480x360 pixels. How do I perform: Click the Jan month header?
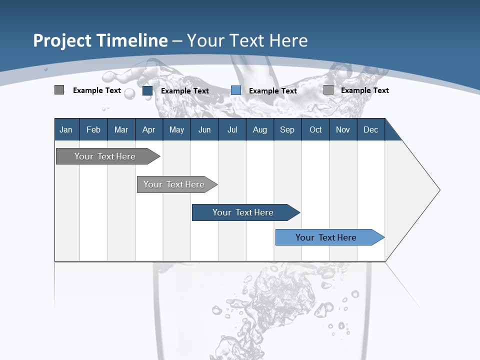pyautogui.click(x=66, y=129)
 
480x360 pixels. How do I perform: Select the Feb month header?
pyautogui.click(x=93, y=129)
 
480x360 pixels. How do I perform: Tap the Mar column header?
pyautogui.click(x=121, y=129)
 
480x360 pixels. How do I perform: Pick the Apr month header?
pyautogui.click(x=149, y=129)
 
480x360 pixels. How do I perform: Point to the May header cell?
pyautogui.click(x=176, y=129)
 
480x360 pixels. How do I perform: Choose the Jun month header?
pyautogui.click(x=204, y=129)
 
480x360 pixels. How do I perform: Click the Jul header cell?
pyautogui.click(x=232, y=129)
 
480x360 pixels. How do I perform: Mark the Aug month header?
pyautogui.click(x=260, y=129)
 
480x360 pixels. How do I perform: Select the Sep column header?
pyautogui.click(x=287, y=129)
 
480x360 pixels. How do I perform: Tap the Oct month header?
pyautogui.click(x=315, y=129)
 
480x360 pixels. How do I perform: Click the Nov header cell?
pyautogui.click(x=343, y=129)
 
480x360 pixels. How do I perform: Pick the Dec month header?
pyautogui.click(x=371, y=129)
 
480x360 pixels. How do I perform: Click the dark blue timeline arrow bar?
pyautogui.click(x=243, y=212)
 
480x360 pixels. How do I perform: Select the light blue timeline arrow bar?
pyautogui.click(x=326, y=237)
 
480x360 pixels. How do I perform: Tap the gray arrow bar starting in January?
pyautogui.click(x=105, y=156)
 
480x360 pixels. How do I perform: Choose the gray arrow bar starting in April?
pyautogui.click(x=174, y=184)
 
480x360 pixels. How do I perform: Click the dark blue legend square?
pyautogui.click(x=147, y=90)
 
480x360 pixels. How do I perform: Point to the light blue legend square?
pyautogui.click(x=236, y=90)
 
